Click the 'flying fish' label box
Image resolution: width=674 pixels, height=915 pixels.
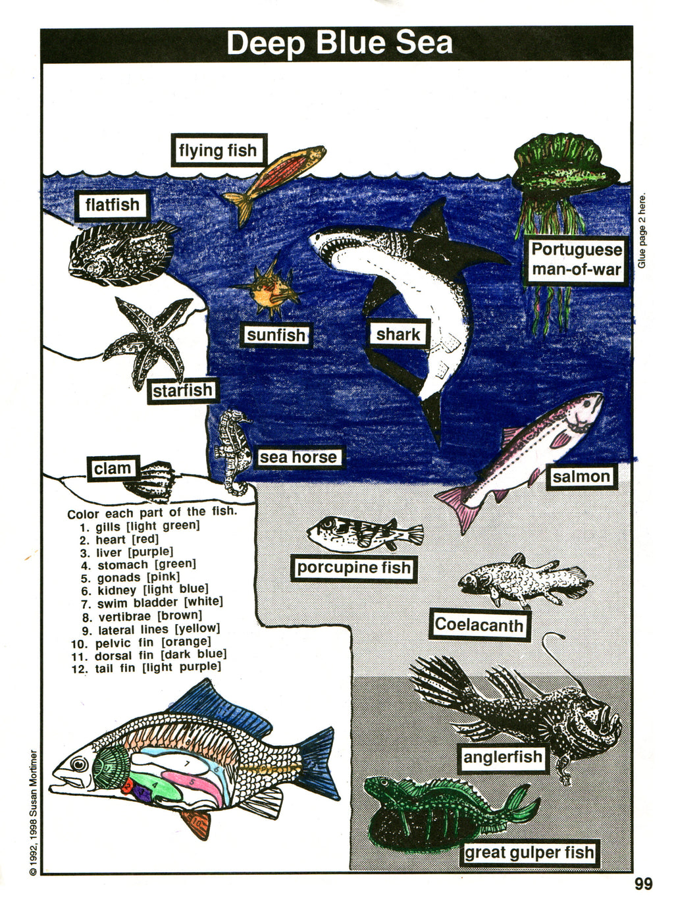click(219, 150)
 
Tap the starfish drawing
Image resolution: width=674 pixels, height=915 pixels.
click(150, 342)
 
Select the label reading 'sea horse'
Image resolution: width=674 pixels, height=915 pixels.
click(298, 457)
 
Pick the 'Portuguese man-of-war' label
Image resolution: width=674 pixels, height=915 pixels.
click(577, 259)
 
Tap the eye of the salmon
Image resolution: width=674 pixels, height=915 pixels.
click(586, 403)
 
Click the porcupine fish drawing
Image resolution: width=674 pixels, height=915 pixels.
click(365, 534)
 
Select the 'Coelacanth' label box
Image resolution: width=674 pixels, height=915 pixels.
click(479, 624)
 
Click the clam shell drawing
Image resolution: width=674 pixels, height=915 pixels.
click(150, 482)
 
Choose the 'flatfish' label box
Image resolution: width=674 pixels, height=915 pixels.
click(112, 205)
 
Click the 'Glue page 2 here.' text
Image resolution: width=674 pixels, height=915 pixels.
click(642, 231)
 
